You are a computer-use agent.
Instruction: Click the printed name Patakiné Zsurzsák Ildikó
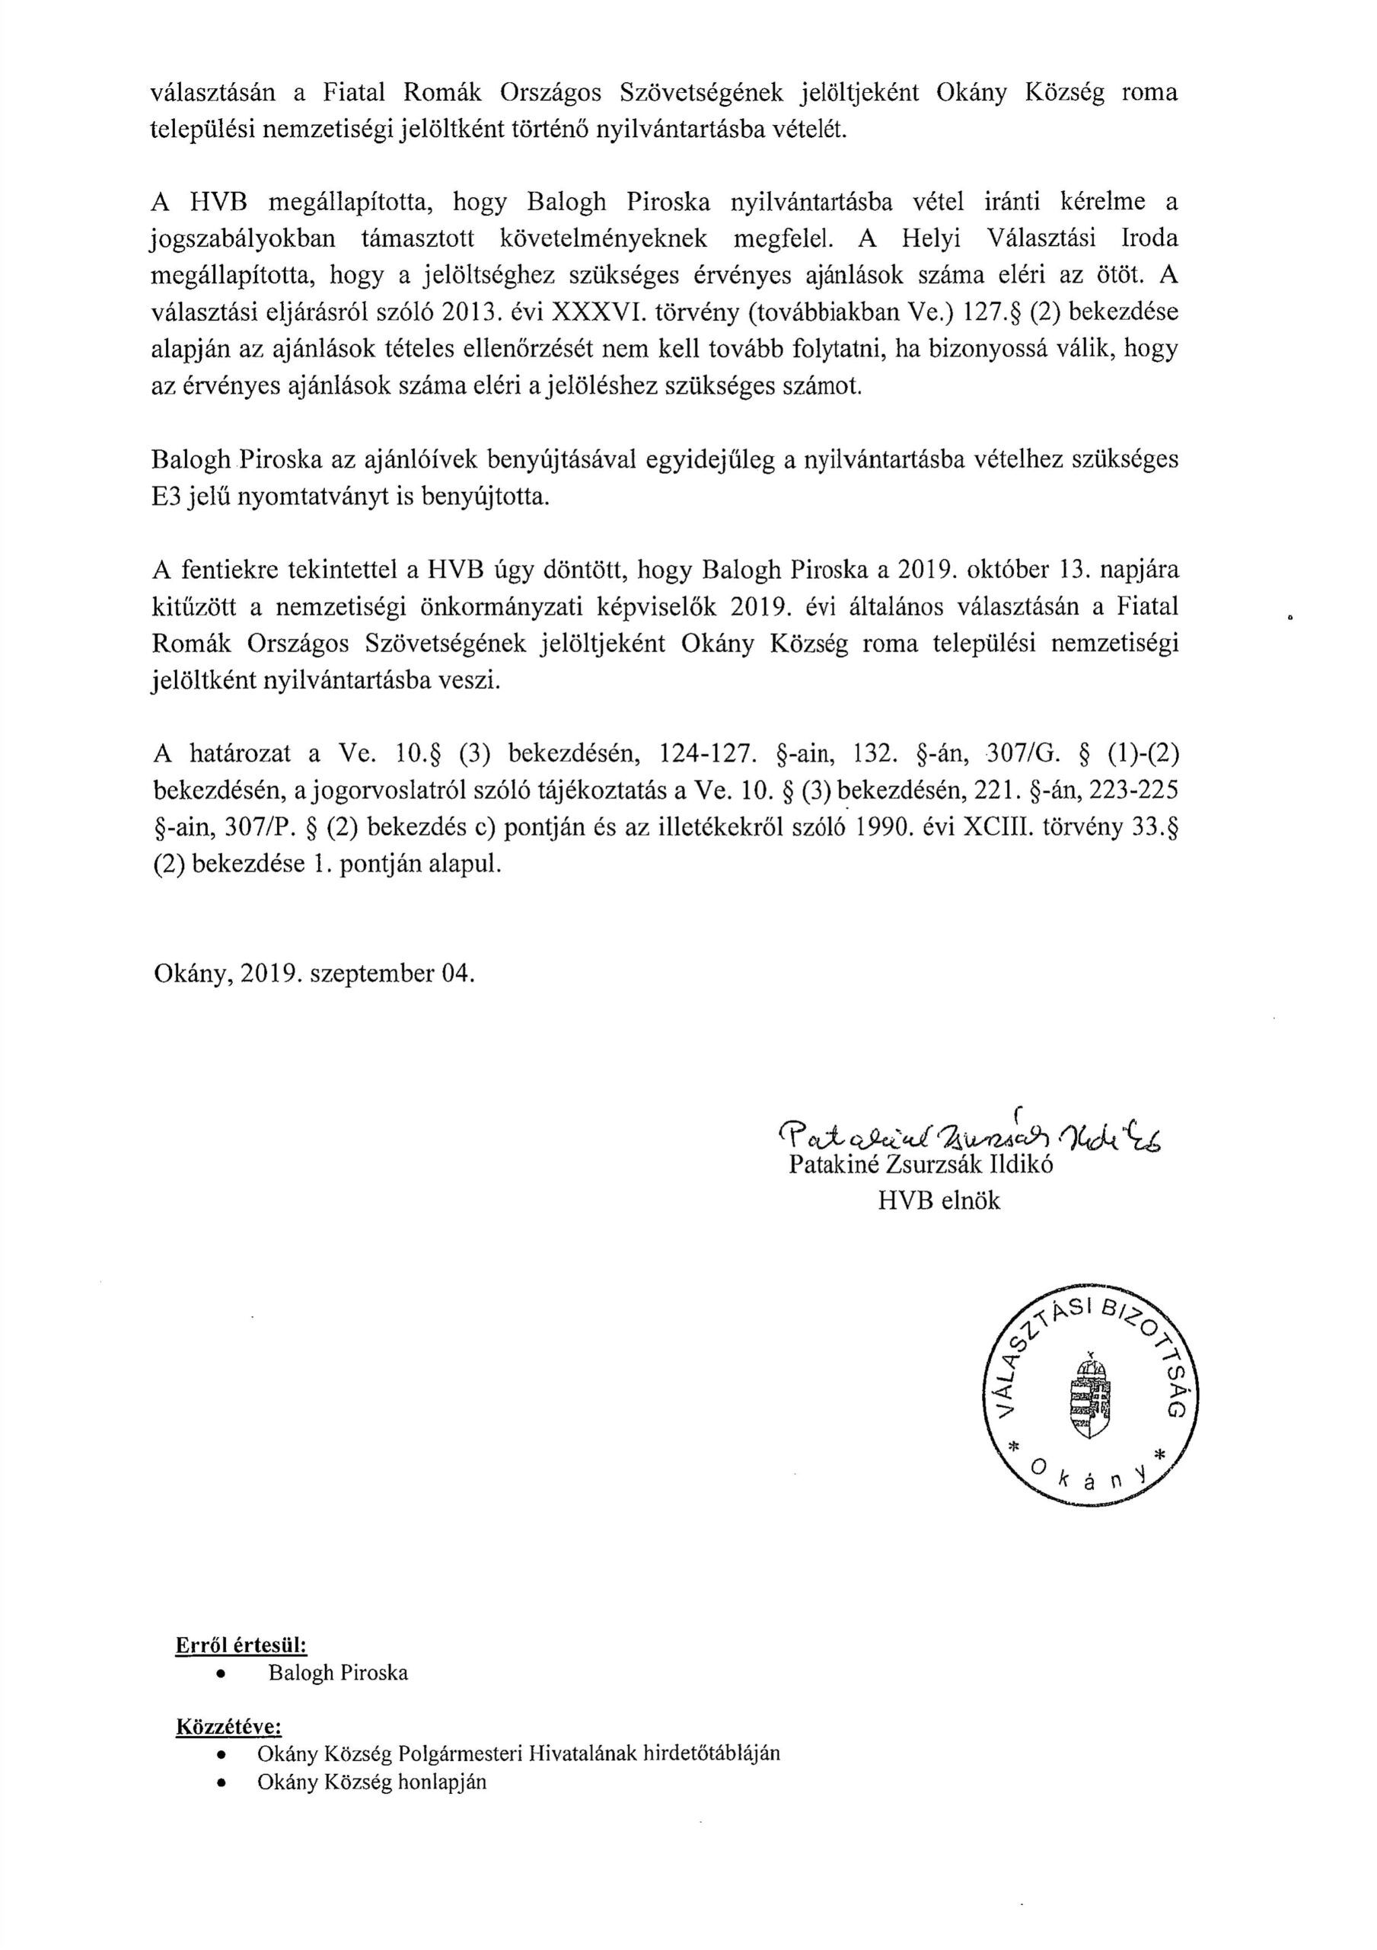[921, 1165]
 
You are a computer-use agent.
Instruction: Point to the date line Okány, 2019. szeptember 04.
[314, 973]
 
